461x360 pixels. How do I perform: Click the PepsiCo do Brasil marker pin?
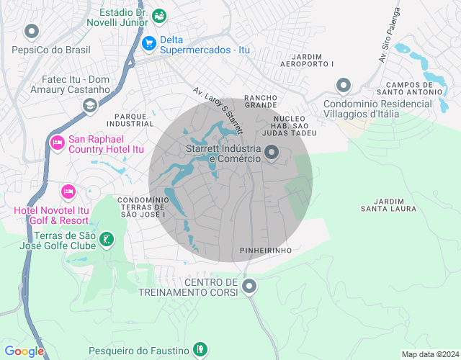(x=31, y=32)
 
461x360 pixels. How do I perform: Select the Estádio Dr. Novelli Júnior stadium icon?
(x=160, y=14)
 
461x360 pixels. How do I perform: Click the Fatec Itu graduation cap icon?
(x=89, y=106)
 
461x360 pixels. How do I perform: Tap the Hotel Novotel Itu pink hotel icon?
(x=68, y=192)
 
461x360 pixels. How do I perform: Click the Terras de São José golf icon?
(x=106, y=240)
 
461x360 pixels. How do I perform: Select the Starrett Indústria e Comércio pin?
(x=272, y=153)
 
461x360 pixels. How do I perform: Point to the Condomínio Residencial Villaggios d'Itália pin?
(x=343, y=86)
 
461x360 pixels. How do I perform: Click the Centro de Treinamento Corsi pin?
(x=249, y=287)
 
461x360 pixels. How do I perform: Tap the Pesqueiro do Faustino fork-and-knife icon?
(x=200, y=350)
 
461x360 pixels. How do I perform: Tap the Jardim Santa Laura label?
(x=389, y=204)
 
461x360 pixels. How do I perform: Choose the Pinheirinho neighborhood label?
(x=265, y=250)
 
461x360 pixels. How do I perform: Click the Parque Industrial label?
(x=133, y=120)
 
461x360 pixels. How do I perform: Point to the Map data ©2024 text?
(x=429, y=354)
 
